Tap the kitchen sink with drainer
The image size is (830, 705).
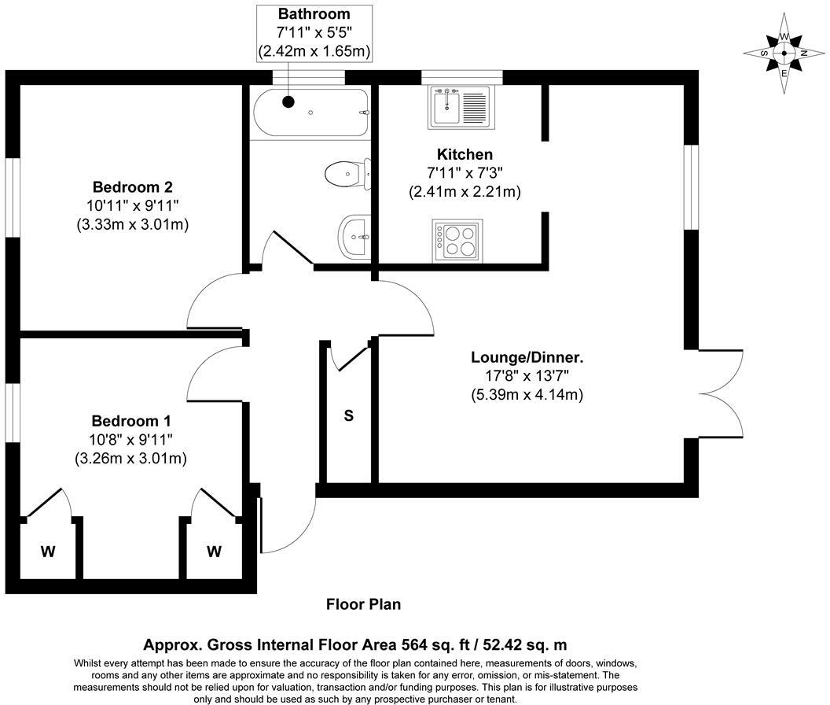point(459,107)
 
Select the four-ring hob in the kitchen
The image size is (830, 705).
point(457,241)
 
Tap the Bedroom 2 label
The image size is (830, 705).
point(132,187)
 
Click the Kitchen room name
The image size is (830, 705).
point(465,154)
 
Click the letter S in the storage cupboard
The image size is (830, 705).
point(347,415)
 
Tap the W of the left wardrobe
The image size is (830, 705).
point(48,552)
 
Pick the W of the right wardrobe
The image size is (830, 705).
point(214,552)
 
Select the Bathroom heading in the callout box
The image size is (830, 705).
point(314,14)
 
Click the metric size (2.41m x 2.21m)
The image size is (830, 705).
point(465,191)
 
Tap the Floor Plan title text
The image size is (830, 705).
point(363,604)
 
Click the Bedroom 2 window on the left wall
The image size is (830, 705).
point(13,196)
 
